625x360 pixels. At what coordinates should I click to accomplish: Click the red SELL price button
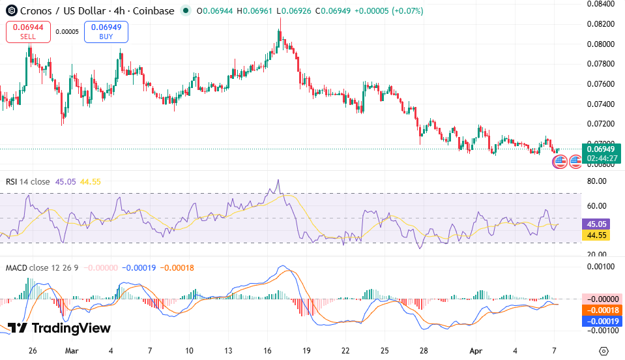pos(28,31)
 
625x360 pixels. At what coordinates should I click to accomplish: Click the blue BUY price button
pos(106,31)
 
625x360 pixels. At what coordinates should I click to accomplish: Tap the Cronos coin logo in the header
pos(10,11)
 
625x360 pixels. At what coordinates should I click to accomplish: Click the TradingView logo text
pos(59,328)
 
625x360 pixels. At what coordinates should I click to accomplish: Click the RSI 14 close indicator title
pos(27,182)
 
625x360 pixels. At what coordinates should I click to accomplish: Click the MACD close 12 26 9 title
pos(42,267)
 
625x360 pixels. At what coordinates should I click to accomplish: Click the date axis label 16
pos(268,350)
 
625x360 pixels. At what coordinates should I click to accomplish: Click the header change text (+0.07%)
pos(405,11)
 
